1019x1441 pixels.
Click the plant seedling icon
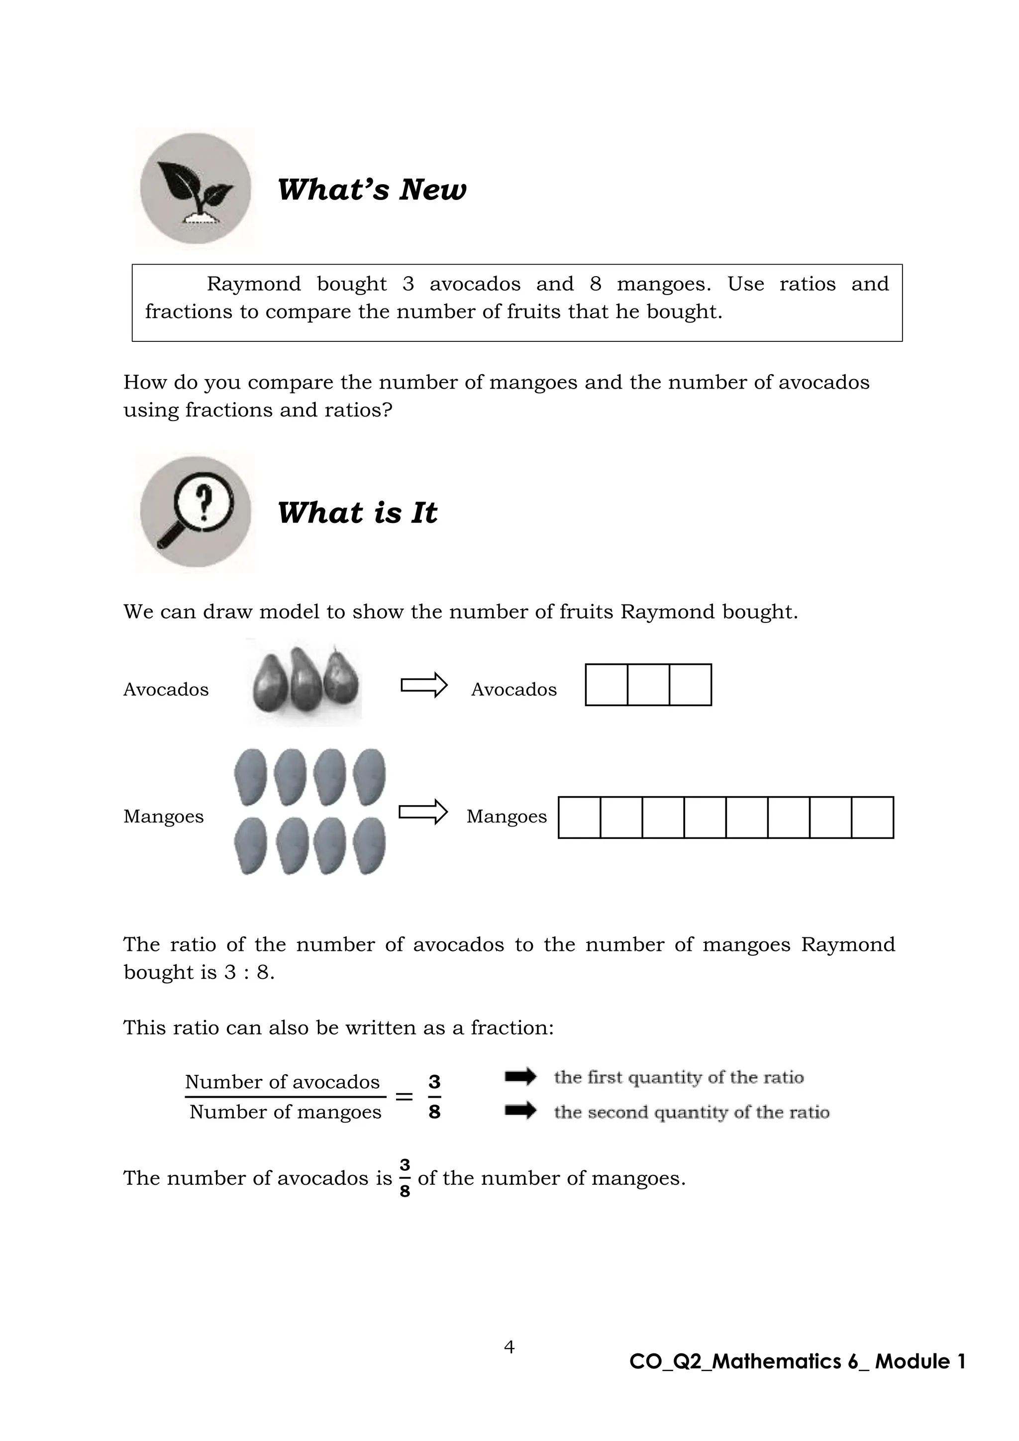195,188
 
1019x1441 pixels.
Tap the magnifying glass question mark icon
195,512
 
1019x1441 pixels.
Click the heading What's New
372,190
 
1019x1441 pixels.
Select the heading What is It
357,513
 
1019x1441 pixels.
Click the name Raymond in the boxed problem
253,284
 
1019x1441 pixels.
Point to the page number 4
509,1346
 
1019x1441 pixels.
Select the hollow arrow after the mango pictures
423,812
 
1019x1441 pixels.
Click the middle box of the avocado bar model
648,685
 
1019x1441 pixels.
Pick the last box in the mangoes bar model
872,817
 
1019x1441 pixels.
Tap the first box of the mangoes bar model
579,817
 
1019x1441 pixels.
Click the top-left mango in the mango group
250,776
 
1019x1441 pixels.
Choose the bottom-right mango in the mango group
369,845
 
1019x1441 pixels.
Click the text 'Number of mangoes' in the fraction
286,1112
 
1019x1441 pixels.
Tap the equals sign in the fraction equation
404,1097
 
